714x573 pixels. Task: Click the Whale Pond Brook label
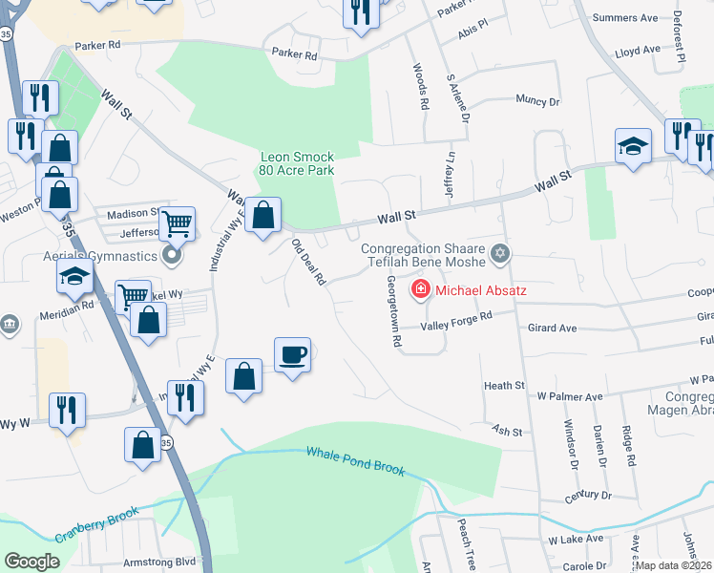click(x=356, y=462)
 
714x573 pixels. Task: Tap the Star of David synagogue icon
click(x=498, y=254)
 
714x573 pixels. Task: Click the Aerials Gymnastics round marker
click(x=172, y=255)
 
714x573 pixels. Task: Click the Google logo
click(x=31, y=561)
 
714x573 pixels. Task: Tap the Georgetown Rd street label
click(x=392, y=310)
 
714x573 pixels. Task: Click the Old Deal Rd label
click(x=308, y=263)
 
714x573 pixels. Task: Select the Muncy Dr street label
click(x=536, y=100)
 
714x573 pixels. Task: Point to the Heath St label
click(x=505, y=385)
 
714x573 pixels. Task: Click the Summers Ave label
click(x=625, y=18)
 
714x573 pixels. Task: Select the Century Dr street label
click(x=586, y=495)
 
